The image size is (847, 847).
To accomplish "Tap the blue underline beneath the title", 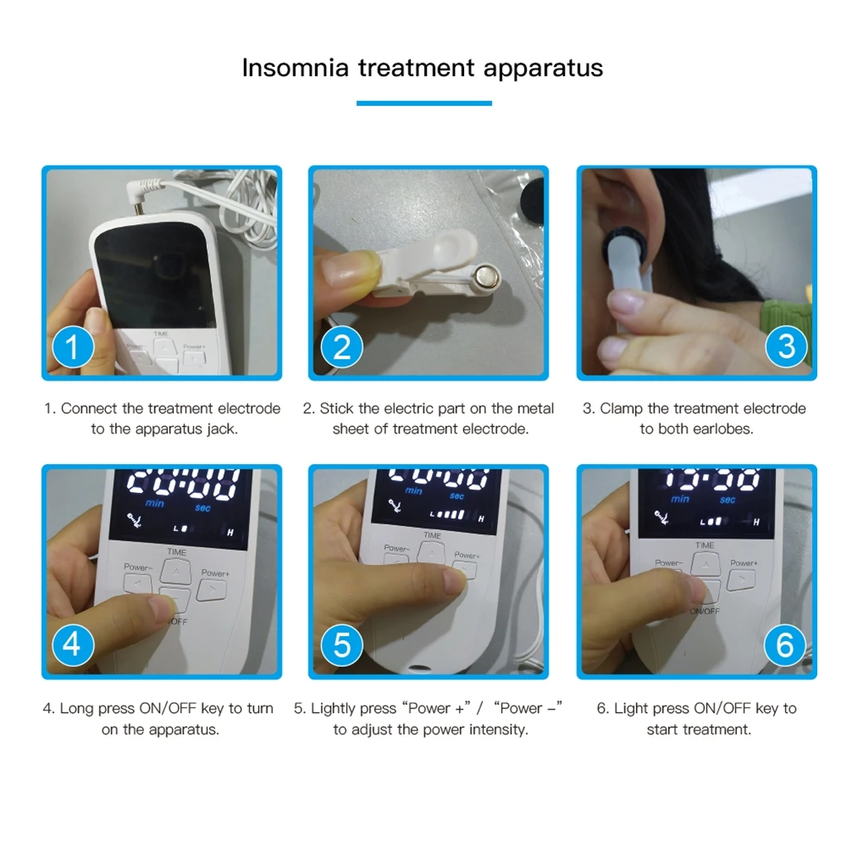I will click(x=423, y=103).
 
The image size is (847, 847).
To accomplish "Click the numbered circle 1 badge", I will click(x=73, y=347).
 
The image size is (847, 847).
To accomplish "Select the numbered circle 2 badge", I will click(x=341, y=347).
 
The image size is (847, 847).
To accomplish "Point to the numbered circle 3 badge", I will click(x=786, y=347).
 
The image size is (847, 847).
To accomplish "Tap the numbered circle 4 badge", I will click(x=73, y=644).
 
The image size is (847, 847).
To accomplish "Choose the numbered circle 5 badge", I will click(x=341, y=644).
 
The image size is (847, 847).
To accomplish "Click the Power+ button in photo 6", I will click(x=741, y=577).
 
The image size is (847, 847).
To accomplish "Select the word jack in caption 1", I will click(x=223, y=429).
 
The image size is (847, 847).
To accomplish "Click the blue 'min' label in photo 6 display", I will click(x=680, y=499).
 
